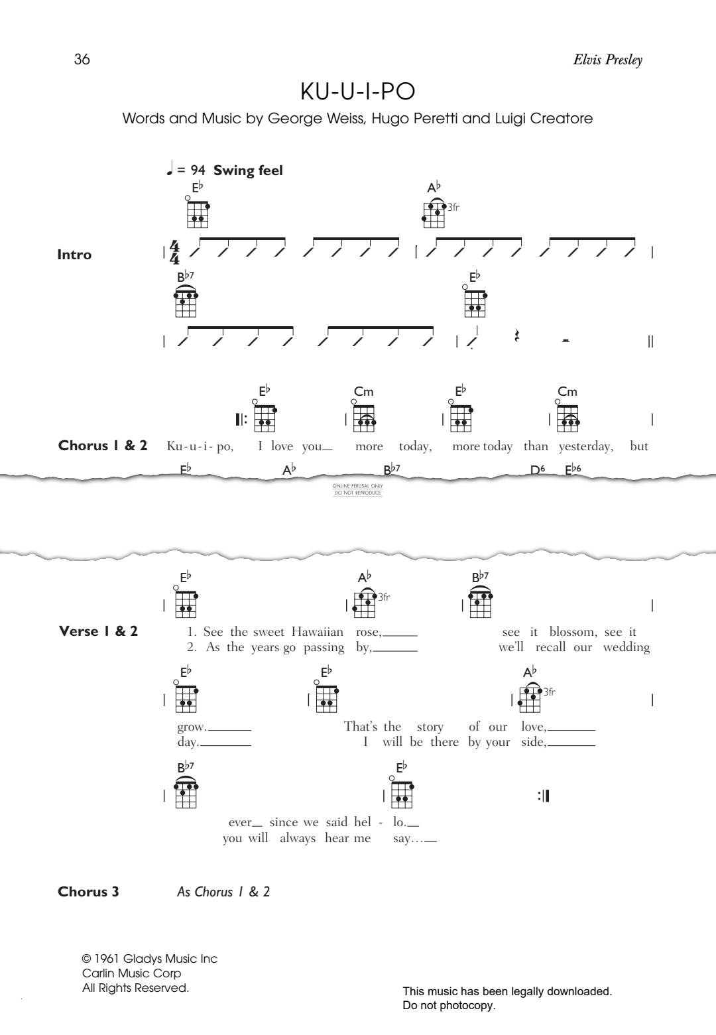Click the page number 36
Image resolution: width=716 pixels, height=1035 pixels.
tap(82, 59)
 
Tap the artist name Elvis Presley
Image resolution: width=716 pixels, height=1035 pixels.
tap(607, 60)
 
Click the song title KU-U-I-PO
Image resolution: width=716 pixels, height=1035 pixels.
tap(357, 91)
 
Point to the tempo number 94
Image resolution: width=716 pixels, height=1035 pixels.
tap(198, 170)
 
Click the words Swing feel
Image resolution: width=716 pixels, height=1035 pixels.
tap(247, 170)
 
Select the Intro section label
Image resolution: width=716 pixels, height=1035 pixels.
tap(74, 255)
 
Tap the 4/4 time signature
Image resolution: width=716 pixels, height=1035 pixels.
tap(174, 252)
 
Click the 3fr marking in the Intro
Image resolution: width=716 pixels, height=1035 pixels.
tap(453, 208)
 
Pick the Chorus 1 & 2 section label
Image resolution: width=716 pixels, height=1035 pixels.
tap(103, 446)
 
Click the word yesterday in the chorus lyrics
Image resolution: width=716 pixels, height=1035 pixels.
tap(586, 446)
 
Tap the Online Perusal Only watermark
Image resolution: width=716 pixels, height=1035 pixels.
tap(357, 489)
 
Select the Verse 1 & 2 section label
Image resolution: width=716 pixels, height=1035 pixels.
tap(98, 631)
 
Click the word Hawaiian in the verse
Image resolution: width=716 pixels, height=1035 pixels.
tap(318, 632)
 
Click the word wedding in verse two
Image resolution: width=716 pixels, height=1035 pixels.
tap(626, 647)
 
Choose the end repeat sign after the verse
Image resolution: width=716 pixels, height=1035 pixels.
tap(543, 796)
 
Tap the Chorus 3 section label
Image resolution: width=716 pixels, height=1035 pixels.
tap(88, 891)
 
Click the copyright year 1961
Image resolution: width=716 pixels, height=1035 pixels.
tap(107, 959)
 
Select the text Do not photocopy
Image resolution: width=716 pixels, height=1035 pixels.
tap(449, 1005)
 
